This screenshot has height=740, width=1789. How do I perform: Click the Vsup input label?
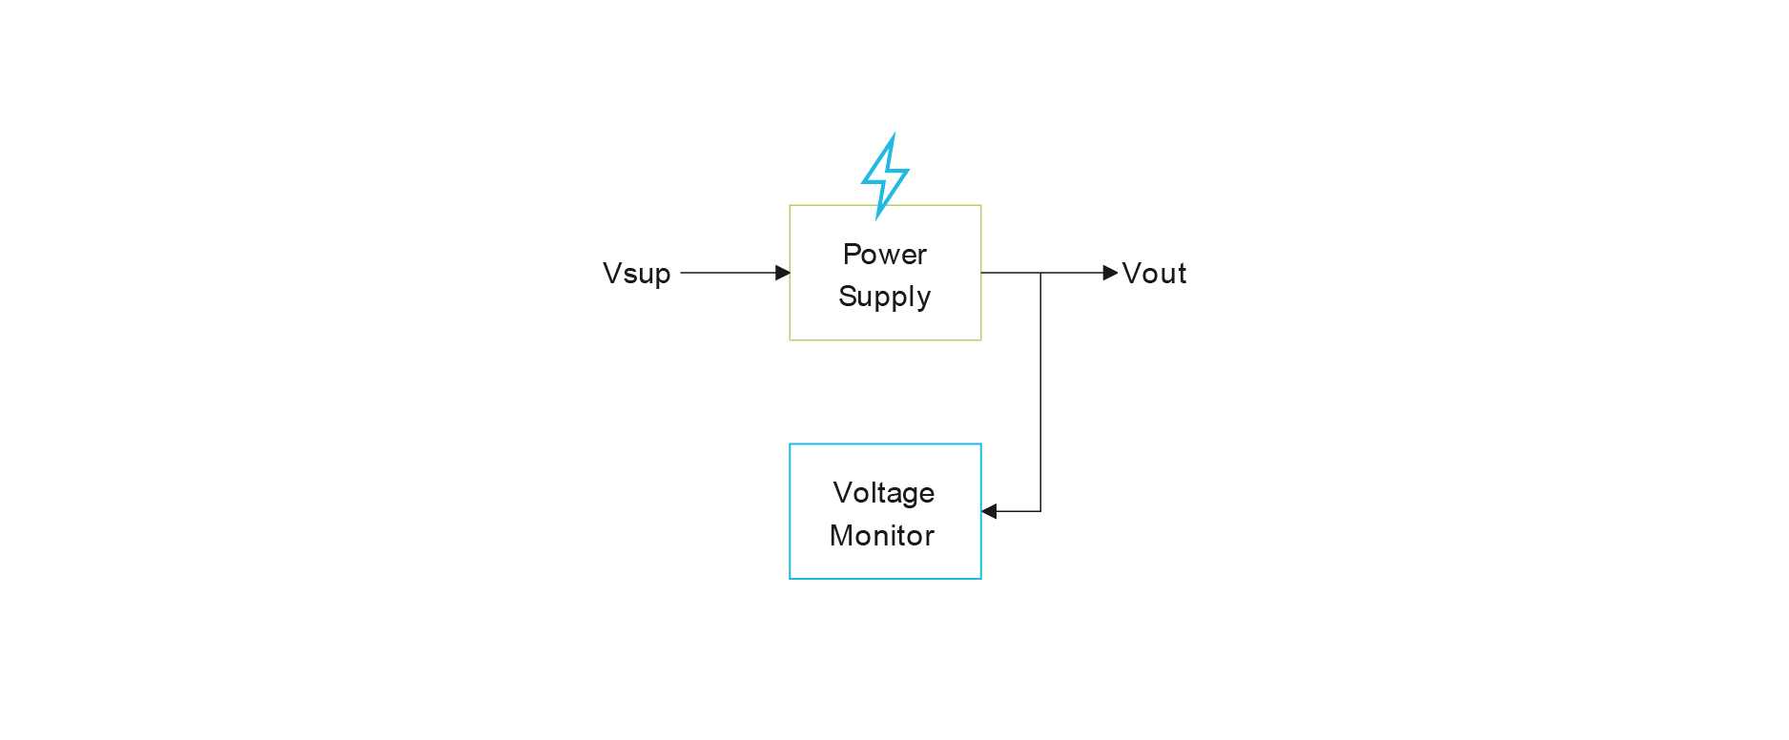(636, 274)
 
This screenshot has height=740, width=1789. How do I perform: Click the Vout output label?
(1154, 274)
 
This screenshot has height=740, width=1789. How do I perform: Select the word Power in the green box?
(884, 255)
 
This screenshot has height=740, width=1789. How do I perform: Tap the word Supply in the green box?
(884, 297)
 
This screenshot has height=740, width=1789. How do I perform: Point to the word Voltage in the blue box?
(883, 493)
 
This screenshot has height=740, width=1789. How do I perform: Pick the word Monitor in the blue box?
(882, 536)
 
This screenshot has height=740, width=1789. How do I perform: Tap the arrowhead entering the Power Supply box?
(783, 273)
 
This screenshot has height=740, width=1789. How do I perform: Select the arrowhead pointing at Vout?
(1110, 273)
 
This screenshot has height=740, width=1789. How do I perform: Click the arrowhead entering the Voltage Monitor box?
(989, 511)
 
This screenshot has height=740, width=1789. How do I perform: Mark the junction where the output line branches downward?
(1040, 273)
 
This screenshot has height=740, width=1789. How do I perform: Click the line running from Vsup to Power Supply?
(730, 273)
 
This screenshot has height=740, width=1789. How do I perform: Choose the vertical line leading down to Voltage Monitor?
(1040, 391)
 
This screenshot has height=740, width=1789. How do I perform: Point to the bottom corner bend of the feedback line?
(1040, 511)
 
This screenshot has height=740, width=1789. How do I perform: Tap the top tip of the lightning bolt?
(894, 135)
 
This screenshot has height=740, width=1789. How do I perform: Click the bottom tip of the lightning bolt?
(877, 218)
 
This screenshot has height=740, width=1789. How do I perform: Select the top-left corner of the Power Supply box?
(790, 205)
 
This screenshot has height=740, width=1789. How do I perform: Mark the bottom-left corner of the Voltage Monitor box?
(790, 579)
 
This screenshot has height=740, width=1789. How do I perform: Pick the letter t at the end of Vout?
(1181, 274)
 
